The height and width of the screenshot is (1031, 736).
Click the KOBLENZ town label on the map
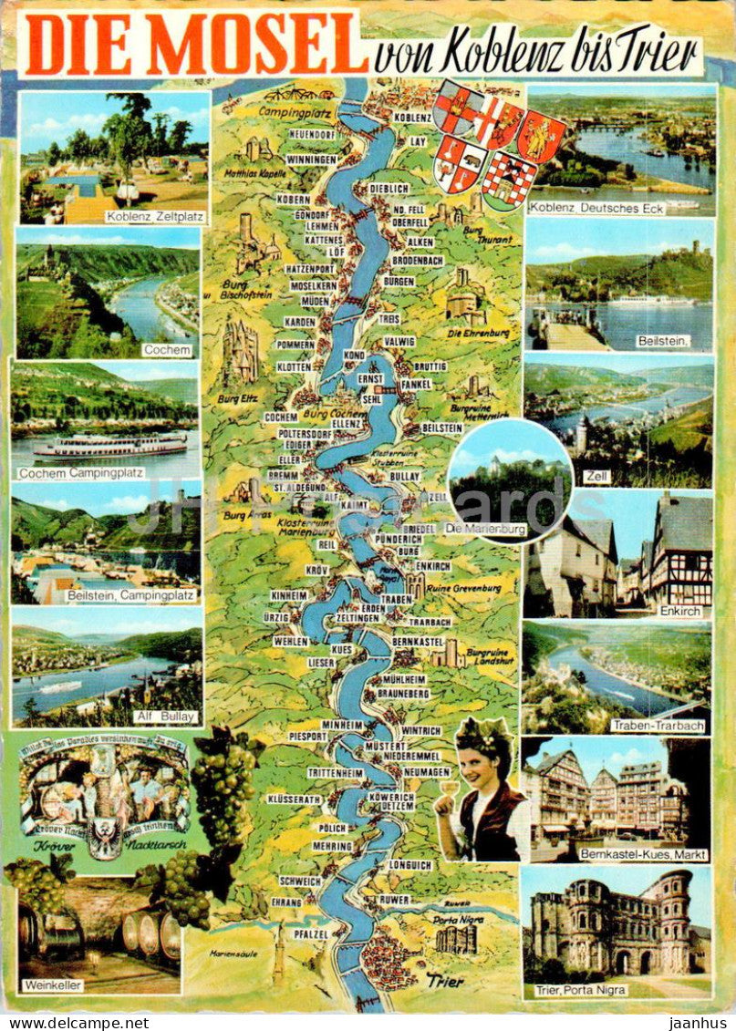point(413,118)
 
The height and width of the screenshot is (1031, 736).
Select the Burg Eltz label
point(233,397)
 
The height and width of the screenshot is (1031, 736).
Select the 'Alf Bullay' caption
point(165,717)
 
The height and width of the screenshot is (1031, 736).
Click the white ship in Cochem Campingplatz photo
point(110,447)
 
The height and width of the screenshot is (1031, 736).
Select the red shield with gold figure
point(541,137)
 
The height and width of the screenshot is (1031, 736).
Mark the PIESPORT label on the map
point(307,735)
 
